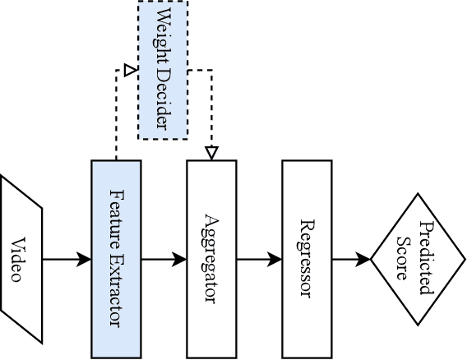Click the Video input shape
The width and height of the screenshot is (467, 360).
point(21,260)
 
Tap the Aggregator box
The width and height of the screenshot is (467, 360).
point(211,260)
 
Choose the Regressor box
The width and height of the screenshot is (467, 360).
point(307,260)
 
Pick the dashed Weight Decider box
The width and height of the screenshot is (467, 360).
point(162,70)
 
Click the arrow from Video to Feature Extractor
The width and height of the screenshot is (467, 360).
point(67,260)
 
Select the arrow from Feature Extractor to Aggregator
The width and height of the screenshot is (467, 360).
point(164,260)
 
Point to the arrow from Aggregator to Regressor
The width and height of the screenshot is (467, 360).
point(259,260)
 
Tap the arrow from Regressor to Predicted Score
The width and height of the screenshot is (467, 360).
point(351,260)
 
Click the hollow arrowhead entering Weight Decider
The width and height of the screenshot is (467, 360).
point(129,71)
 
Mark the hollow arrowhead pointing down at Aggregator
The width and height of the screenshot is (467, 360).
point(211,153)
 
